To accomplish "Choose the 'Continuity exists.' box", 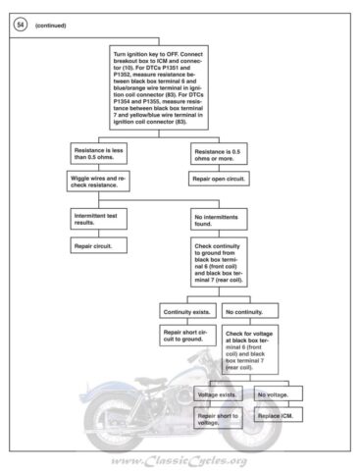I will (187, 311).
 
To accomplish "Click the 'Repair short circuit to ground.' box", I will (187, 337).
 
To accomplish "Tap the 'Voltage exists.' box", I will (218, 394).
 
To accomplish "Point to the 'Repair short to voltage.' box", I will (218, 420).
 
